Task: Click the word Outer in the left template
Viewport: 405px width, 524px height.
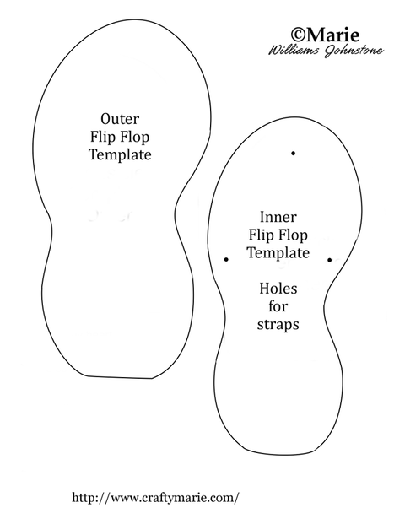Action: tap(120, 119)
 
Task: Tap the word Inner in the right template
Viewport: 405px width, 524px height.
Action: tap(278, 217)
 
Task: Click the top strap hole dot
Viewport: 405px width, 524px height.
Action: tap(293, 153)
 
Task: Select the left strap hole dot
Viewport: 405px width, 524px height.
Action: tap(226, 259)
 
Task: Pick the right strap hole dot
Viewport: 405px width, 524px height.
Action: tap(329, 260)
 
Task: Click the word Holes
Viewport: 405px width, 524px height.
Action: tap(278, 289)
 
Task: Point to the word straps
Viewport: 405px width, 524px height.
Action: tap(278, 325)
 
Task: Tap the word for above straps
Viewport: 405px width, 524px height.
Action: tap(278, 306)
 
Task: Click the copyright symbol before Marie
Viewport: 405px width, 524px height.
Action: tap(297, 35)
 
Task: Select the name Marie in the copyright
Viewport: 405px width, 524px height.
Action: tap(332, 35)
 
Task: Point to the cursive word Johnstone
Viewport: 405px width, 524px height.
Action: tap(354, 51)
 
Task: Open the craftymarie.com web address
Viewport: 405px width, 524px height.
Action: tap(156, 498)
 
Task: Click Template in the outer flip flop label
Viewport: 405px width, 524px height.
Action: tap(120, 154)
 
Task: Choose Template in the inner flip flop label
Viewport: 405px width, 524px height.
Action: tap(278, 252)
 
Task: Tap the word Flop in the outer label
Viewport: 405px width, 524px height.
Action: tap(135, 137)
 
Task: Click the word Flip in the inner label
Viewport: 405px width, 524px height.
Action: tap(261, 235)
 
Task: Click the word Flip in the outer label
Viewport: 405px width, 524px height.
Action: tap(103, 137)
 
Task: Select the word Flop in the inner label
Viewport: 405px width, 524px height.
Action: tap(293, 235)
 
